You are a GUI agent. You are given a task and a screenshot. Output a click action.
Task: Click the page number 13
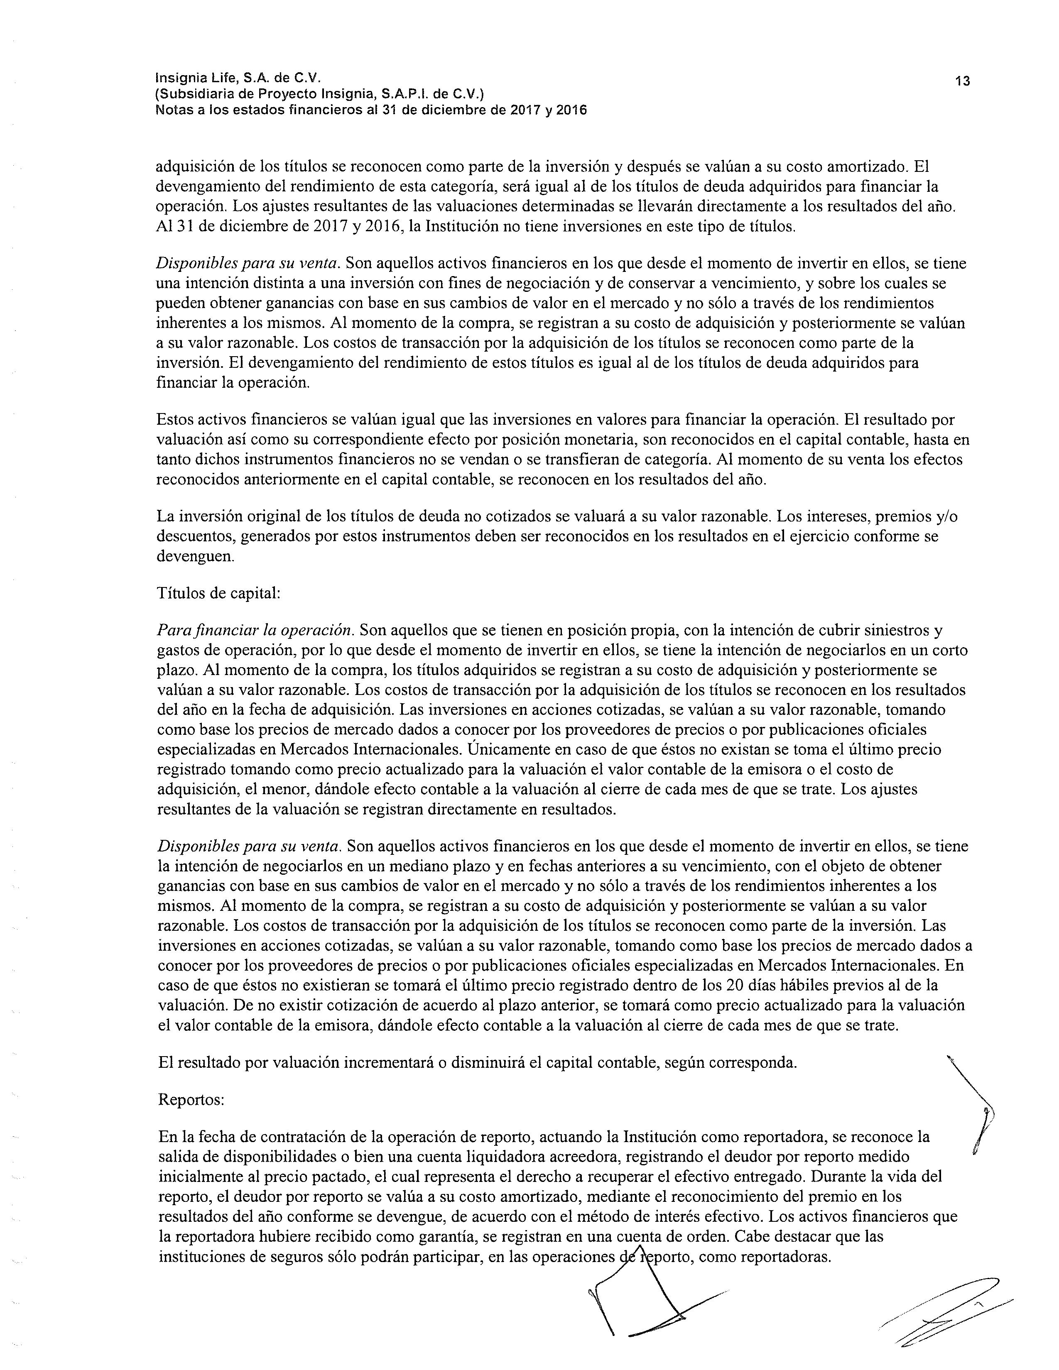(x=962, y=81)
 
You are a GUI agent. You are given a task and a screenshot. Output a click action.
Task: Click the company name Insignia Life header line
(x=238, y=78)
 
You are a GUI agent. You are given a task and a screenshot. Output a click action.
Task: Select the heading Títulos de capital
(x=218, y=593)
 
